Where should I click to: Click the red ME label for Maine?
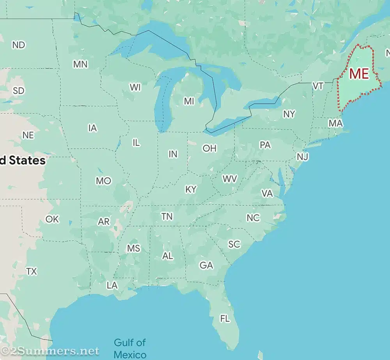359,73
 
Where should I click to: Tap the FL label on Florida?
225,319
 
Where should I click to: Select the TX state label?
32,271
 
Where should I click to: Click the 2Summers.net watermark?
50,351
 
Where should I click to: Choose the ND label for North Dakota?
18,45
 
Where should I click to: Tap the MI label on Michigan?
189,101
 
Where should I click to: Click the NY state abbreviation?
289,114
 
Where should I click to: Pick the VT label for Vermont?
318,86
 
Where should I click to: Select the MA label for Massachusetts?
335,123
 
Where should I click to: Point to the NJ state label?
303,157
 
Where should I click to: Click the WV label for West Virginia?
230,179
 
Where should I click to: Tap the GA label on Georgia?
206,266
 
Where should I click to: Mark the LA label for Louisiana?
112,285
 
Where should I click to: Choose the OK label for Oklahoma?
52,219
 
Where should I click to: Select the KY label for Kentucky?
191,189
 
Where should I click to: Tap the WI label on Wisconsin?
135,87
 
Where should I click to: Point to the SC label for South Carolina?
234,244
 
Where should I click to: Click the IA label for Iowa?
92,128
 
